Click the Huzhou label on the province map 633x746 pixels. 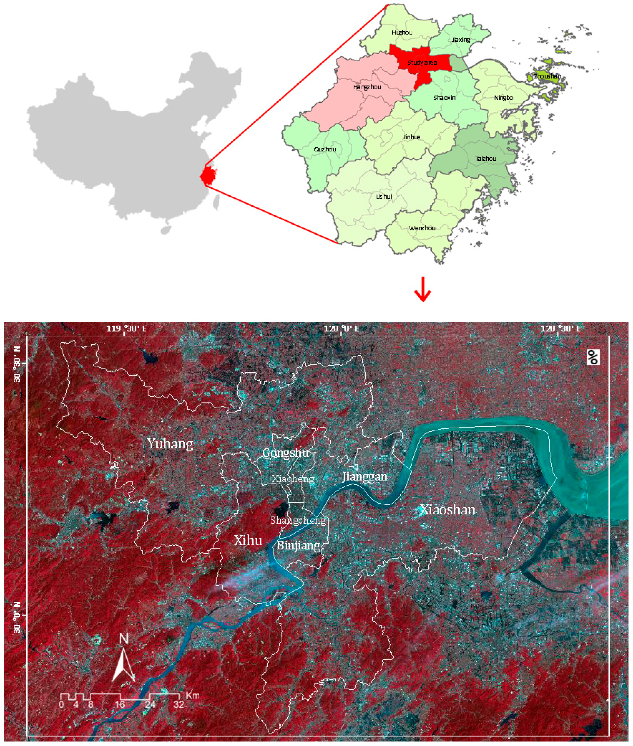[x=402, y=33]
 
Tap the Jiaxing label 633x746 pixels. [x=461, y=40]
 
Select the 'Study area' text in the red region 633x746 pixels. [x=422, y=63]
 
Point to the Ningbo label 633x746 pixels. [x=503, y=98]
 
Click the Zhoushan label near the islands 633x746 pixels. [x=547, y=76]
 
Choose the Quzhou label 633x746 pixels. [x=325, y=149]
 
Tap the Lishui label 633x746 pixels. [x=384, y=197]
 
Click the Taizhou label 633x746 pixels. [x=486, y=159]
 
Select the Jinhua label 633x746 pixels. [x=411, y=137]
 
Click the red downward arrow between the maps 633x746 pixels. [x=422, y=289]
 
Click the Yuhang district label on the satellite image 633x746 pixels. [x=170, y=444]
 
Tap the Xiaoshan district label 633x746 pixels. [x=448, y=510]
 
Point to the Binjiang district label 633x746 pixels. [x=298, y=545]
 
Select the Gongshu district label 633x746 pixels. [x=286, y=453]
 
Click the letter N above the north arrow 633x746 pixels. [x=124, y=639]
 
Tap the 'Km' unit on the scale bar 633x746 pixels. [x=192, y=696]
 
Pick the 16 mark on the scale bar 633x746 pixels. [x=120, y=704]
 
